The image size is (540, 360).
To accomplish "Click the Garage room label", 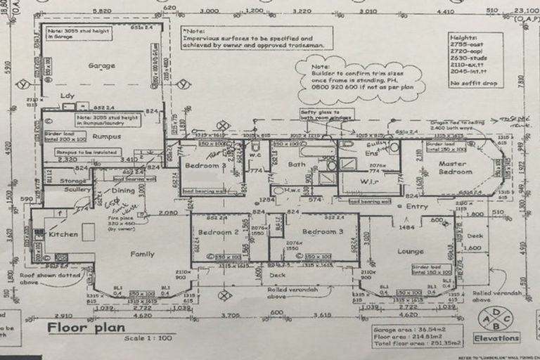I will coord(101,66).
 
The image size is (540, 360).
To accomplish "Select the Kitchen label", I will coord(63,234).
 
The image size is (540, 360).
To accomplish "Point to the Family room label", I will coord(141,254).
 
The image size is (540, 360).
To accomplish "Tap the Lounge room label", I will coord(410,251).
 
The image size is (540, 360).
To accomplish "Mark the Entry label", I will coord(417,207).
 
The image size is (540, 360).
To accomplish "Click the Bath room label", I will coord(297,165).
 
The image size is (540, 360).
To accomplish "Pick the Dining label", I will coord(124,191).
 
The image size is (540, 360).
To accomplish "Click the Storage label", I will coord(73,181).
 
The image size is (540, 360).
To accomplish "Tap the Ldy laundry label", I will coord(68,96).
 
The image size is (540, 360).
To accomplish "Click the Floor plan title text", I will coord(86,328).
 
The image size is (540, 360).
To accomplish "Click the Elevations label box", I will coord(496,337).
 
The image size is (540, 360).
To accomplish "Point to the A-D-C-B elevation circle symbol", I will coord(497,318).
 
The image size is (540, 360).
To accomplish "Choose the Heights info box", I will coord(476,60).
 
